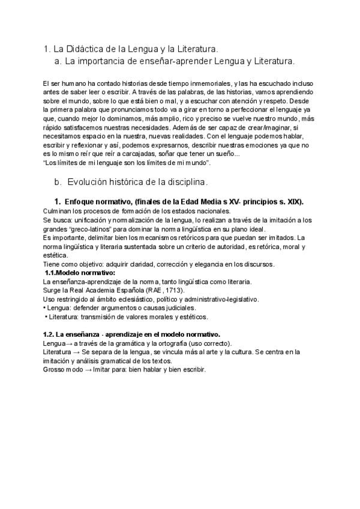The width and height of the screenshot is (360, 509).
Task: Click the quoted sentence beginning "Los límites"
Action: [x=127, y=163]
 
